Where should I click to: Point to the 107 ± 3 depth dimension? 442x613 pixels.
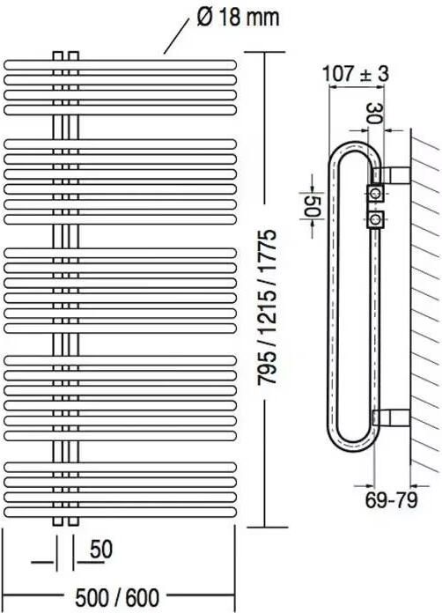pyautogui.click(x=356, y=74)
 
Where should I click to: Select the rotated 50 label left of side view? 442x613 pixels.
pyautogui.click(x=310, y=205)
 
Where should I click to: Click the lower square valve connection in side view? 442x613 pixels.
pyautogui.click(x=376, y=218)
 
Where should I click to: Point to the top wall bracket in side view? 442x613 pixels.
pyautogui.click(x=393, y=170)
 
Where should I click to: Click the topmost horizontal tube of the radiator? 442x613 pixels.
pyautogui.click(x=121, y=64)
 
